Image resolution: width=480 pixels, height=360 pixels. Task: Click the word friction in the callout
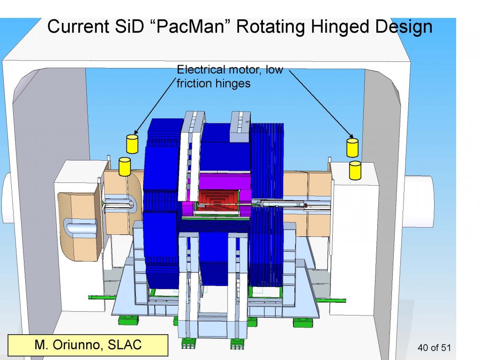tap(193, 83)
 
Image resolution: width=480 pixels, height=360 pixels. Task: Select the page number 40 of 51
tap(433, 347)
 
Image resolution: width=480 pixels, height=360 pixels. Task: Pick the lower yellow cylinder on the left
tap(125, 166)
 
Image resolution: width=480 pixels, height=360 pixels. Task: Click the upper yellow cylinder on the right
tap(352, 147)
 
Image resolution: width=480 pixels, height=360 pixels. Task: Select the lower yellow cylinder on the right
tap(355, 170)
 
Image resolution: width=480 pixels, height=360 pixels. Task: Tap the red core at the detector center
tap(216, 201)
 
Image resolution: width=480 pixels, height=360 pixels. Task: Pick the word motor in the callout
tap(249, 70)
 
